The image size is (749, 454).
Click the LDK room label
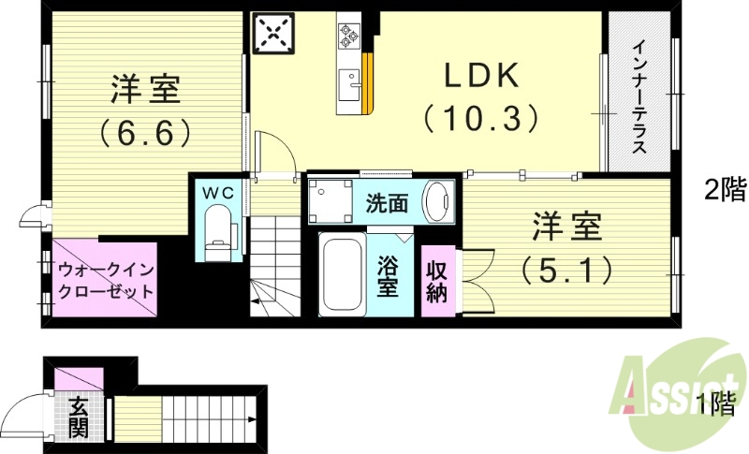tap(480, 74)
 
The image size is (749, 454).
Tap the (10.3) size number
tap(480, 117)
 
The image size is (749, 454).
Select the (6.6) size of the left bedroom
tap(146, 132)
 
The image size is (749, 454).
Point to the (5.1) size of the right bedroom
tap(567, 270)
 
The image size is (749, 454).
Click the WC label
tap(219, 191)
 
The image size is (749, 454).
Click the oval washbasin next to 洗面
tap(436, 201)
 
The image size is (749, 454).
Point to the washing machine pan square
tap(330, 200)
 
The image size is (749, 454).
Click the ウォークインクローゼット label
tap(105, 280)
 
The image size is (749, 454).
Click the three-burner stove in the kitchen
tap(349, 36)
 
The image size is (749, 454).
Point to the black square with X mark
tap(274, 36)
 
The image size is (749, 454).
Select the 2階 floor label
tap(725, 190)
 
